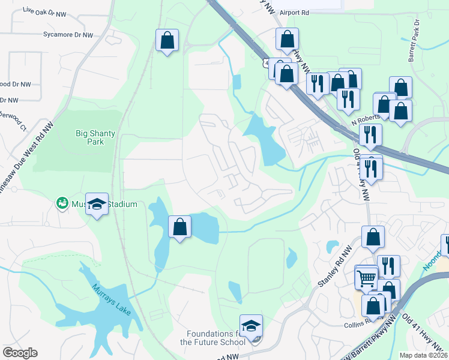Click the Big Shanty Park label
pos(90,137)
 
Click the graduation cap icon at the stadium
pos(97,205)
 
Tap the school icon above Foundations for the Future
pos(251,326)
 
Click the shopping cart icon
pos(366,278)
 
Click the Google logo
pos(20,353)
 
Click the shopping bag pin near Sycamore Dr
pos(167,41)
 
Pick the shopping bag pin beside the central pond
pos(179,227)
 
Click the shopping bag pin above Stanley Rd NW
pos(372,237)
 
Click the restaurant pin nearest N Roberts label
pos(370,136)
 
